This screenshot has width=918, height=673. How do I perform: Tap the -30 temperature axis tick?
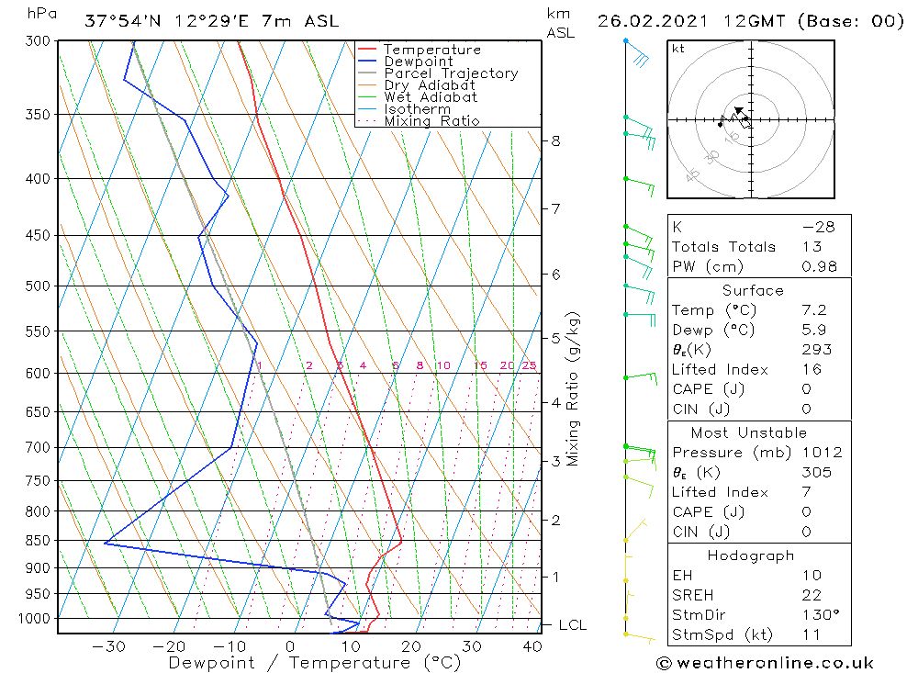(109, 646)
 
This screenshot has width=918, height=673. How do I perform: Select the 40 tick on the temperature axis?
(532, 646)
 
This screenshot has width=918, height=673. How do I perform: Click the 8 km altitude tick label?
(556, 141)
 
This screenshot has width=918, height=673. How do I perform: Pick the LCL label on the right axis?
(572, 625)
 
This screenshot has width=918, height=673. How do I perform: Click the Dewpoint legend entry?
(419, 62)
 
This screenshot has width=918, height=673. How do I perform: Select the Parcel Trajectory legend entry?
(451, 73)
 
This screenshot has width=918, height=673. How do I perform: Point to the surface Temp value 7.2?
(813, 310)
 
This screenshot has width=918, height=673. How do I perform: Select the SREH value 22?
(812, 595)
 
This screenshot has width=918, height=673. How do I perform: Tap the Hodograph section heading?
(752, 555)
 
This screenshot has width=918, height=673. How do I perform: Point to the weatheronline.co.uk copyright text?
(765, 663)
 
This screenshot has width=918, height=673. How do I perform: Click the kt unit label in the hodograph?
(677, 49)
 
